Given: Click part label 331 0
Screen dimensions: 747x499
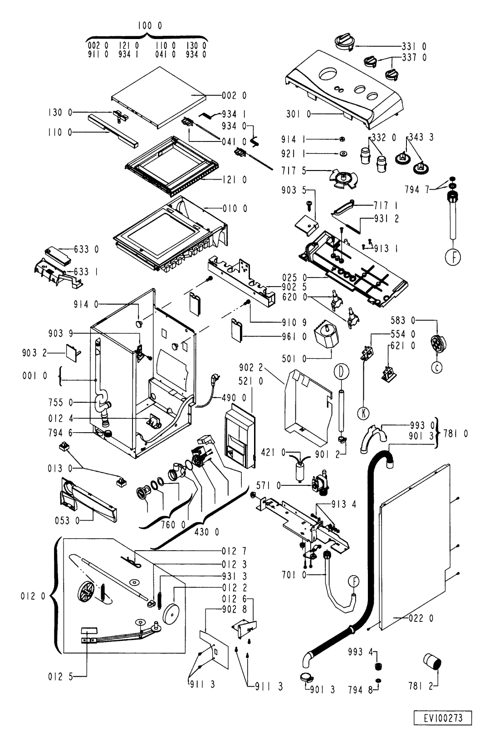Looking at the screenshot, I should click(414, 46).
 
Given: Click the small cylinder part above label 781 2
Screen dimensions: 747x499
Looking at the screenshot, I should click(433, 661).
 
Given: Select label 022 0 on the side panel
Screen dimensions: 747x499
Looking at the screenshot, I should click(415, 618).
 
